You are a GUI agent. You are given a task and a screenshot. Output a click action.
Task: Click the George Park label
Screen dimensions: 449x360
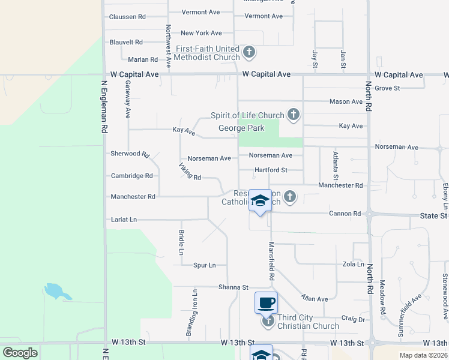(x=241, y=128)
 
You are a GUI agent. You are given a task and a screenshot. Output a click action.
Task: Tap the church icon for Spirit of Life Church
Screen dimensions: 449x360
(x=294, y=115)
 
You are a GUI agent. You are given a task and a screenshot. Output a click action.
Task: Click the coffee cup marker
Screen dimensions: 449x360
(x=266, y=302)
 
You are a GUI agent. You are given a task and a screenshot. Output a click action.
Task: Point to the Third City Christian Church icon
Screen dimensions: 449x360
(x=268, y=322)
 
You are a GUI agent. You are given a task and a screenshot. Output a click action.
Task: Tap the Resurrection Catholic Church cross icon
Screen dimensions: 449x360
(x=290, y=196)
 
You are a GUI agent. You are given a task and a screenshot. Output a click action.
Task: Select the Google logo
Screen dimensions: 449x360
(x=20, y=353)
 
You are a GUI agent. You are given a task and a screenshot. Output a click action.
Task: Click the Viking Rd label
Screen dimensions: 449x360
(x=190, y=172)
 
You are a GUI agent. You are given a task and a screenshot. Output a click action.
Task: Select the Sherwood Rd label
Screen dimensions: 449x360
(x=130, y=154)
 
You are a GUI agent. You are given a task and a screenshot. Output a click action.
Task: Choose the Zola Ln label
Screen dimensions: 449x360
(x=353, y=264)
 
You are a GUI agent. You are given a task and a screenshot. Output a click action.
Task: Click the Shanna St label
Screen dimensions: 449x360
(x=233, y=287)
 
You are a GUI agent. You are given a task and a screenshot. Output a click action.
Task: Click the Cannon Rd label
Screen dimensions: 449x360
(x=345, y=214)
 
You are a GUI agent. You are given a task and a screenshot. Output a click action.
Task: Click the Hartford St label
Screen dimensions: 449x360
(x=271, y=170)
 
